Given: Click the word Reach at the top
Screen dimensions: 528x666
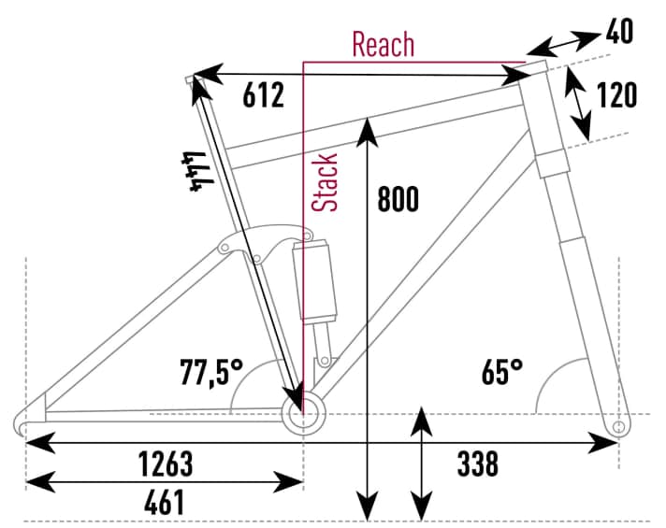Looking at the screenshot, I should (383, 44).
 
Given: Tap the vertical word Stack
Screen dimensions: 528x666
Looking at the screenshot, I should (326, 181).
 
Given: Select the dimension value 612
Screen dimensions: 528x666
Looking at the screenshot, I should (263, 95).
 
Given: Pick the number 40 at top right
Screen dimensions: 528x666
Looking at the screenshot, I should (618, 31).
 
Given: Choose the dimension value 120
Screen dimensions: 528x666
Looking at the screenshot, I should (616, 95).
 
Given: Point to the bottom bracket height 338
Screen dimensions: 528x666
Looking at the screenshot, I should (477, 463).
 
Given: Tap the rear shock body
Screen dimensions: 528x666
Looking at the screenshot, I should (314, 279).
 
